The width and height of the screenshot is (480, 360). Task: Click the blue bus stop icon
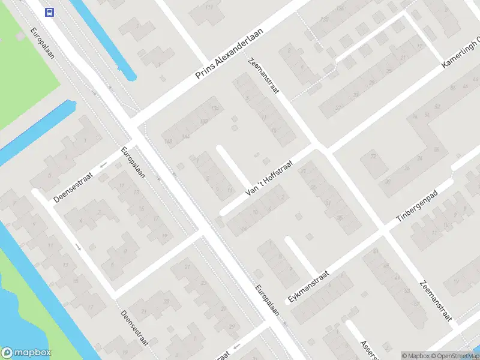pyautogui.click(x=49, y=11)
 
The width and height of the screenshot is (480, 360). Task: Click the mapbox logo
pyautogui.click(x=26, y=353)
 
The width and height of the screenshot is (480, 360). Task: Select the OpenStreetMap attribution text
pyautogui.click(x=456, y=356)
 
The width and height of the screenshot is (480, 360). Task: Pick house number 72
pyautogui.click(x=374, y=157)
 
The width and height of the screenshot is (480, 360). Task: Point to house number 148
pyautogui.click(x=168, y=142)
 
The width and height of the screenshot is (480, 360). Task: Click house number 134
pyautogui.click(x=215, y=109)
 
